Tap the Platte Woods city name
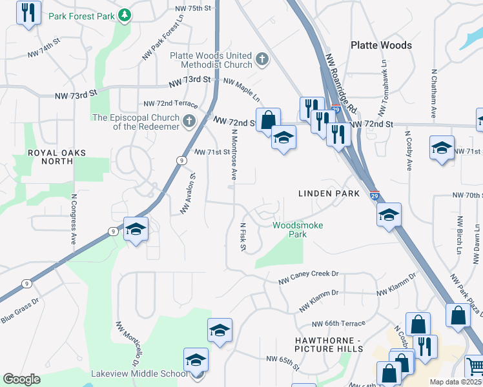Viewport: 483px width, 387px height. click(x=381, y=45)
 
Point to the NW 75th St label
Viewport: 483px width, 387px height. click(x=193, y=8)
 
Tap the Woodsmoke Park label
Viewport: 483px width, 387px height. click(x=297, y=230)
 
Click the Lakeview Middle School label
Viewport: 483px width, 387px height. click(x=143, y=373)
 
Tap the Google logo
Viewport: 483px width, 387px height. click(x=22, y=379)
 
